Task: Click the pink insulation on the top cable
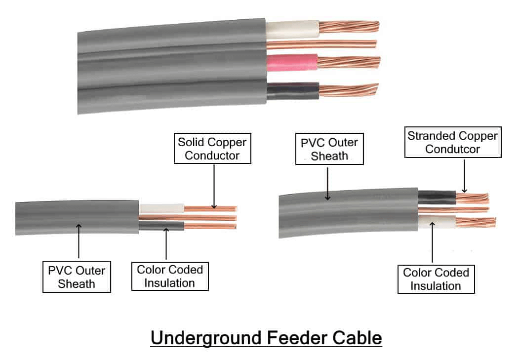(x=292, y=63)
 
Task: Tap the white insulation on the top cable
(x=293, y=30)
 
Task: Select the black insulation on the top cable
(x=293, y=91)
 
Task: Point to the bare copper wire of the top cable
(x=321, y=44)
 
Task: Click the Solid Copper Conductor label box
(x=212, y=149)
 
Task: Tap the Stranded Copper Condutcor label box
(x=453, y=142)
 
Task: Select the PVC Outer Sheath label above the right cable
(x=329, y=149)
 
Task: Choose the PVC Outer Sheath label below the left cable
(x=77, y=277)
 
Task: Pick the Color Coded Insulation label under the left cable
(x=170, y=276)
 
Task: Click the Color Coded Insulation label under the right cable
(x=436, y=280)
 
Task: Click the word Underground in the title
(x=206, y=338)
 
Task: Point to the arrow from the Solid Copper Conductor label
(x=214, y=186)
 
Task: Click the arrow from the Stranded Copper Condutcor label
(x=464, y=176)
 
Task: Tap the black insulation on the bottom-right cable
(x=437, y=198)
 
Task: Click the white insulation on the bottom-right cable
(x=437, y=222)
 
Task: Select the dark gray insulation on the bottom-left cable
(x=161, y=226)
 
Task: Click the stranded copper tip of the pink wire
(x=349, y=62)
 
